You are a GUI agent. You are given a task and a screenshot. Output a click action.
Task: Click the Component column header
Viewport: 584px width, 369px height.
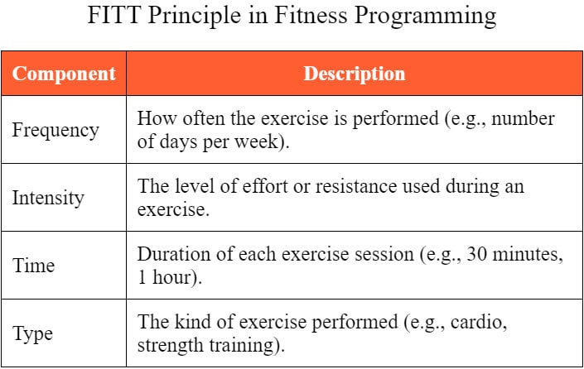[x=64, y=74]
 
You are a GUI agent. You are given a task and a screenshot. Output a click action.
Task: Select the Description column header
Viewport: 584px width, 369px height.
[x=355, y=74]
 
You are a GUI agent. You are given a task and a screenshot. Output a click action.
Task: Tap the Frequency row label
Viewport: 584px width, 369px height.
[x=56, y=131]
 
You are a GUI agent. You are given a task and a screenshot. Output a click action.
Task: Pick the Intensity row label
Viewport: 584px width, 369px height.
[x=48, y=198]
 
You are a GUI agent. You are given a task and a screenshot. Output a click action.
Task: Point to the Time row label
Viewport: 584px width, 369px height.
[x=33, y=266]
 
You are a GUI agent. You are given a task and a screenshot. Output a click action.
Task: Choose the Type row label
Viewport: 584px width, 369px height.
[x=32, y=333]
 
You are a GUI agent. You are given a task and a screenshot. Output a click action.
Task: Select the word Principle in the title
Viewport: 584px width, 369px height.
[x=195, y=17]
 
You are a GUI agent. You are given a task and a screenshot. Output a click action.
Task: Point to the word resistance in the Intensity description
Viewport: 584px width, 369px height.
[x=356, y=186]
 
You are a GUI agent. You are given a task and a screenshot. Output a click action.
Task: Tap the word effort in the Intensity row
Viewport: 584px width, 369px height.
[x=265, y=186]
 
